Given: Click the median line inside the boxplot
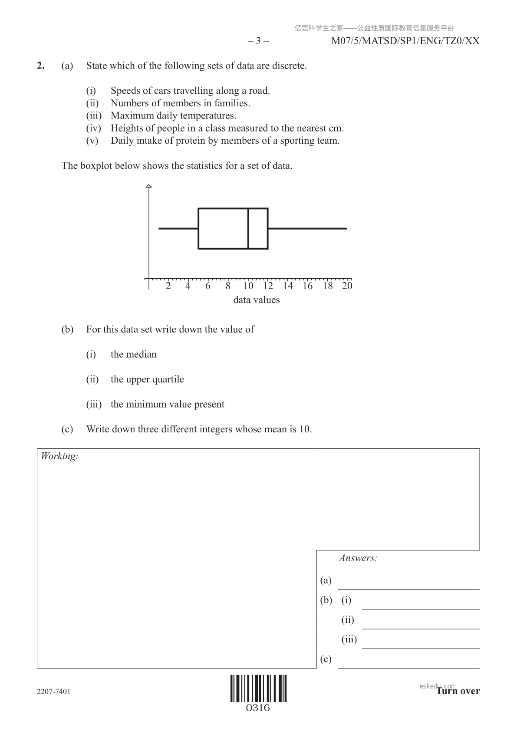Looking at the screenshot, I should [x=248, y=228].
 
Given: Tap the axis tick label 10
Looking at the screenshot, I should [x=248, y=286].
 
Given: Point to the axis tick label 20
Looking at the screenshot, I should [x=347, y=286].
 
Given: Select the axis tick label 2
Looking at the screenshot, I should [x=168, y=286].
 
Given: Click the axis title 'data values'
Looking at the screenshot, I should [x=256, y=300].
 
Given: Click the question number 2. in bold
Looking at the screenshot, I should [x=41, y=66].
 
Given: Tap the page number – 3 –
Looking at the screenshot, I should [x=258, y=41].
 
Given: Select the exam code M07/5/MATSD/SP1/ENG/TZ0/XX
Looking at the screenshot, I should [x=405, y=41].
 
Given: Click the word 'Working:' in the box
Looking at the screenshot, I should [x=59, y=456].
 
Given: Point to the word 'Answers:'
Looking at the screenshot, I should [x=358, y=558].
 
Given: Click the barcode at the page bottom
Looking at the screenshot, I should [x=258, y=688].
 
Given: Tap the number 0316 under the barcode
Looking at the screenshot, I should [x=258, y=708].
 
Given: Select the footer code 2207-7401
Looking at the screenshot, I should [x=53, y=691].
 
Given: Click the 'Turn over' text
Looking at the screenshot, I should [x=458, y=691].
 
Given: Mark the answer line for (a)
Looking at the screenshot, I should [x=408, y=589].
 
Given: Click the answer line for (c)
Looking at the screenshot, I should [x=408, y=667].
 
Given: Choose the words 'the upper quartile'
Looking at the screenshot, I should [x=147, y=379].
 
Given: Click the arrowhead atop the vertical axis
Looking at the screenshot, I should [x=149, y=187].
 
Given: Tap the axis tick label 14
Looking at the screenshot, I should [x=288, y=286].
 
